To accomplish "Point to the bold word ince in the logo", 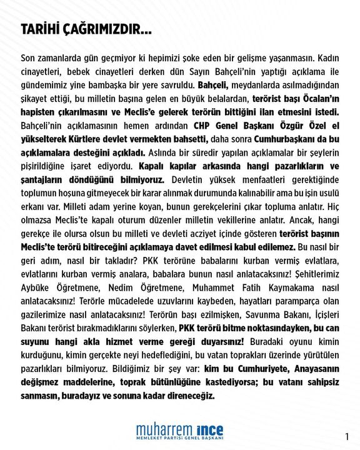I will click(x=208, y=431).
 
